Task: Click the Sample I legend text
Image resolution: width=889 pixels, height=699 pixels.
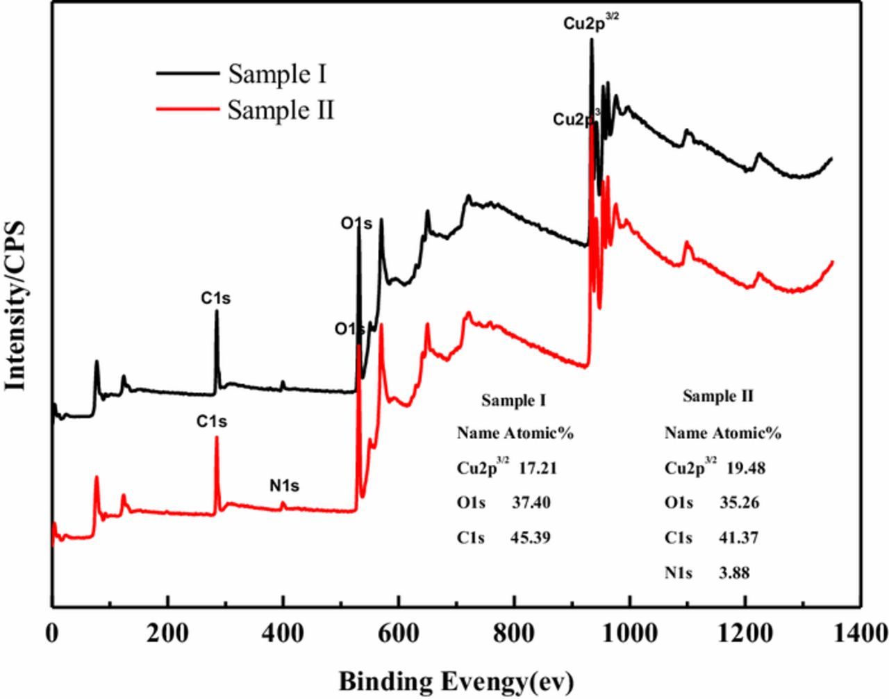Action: (x=277, y=74)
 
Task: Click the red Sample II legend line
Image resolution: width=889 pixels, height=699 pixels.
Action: (x=185, y=109)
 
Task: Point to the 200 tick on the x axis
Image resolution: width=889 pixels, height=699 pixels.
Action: (x=167, y=604)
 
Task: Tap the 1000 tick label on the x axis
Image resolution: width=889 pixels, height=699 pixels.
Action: (x=629, y=633)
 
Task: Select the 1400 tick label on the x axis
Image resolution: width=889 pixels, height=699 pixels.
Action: (x=860, y=633)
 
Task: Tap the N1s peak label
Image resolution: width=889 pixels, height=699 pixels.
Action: (x=284, y=486)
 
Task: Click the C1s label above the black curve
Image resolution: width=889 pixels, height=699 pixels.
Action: (x=216, y=298)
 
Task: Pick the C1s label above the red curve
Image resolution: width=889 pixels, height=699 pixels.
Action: (x=211, y=421)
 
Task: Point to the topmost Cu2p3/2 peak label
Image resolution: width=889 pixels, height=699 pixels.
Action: (x=591, y=23)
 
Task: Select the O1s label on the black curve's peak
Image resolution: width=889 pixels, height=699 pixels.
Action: (x=356, y=224)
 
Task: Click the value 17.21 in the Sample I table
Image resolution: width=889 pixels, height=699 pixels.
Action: (x=538, y=468)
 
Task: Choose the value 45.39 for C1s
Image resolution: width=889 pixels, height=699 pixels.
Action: (x=531, y=537)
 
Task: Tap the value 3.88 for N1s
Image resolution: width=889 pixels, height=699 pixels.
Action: (x=734, y=573)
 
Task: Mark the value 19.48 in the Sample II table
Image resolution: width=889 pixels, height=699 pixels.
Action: (x=745, y=468)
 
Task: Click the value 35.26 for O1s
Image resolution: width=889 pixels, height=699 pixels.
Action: (x=738, y=502)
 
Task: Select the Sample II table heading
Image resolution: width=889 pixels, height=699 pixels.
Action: (x=717, y=396)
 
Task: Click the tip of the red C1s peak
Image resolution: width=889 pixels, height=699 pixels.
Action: (x=216, y=437)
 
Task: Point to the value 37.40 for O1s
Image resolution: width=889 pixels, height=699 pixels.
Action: (x=531, y=502)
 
